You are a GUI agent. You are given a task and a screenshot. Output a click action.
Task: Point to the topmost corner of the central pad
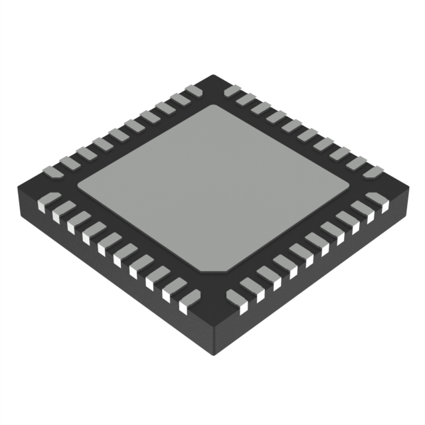[212, 106]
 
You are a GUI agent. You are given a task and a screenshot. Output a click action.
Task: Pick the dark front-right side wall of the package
[312, 279]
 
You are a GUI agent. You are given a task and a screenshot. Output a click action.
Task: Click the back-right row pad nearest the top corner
[233, 90]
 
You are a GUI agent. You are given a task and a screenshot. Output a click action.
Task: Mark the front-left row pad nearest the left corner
[48, 199]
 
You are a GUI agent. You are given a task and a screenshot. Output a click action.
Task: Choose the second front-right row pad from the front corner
[250, 288]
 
